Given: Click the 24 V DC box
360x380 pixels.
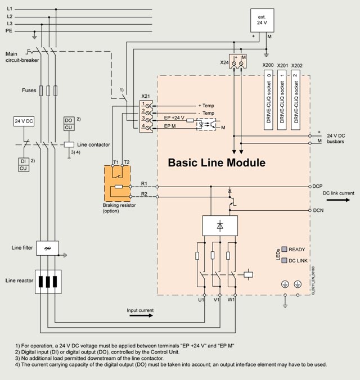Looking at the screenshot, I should (24, 121).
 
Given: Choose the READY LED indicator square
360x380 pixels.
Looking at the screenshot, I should (285, 248).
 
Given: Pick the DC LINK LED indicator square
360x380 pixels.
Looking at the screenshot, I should (285, 260).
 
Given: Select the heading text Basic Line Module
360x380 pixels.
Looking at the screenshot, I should (217, 164).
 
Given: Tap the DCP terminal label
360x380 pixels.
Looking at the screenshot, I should (317, 186).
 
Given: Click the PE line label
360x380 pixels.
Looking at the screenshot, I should (10, 31).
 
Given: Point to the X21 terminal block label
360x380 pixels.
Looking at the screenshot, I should (146, 96).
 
